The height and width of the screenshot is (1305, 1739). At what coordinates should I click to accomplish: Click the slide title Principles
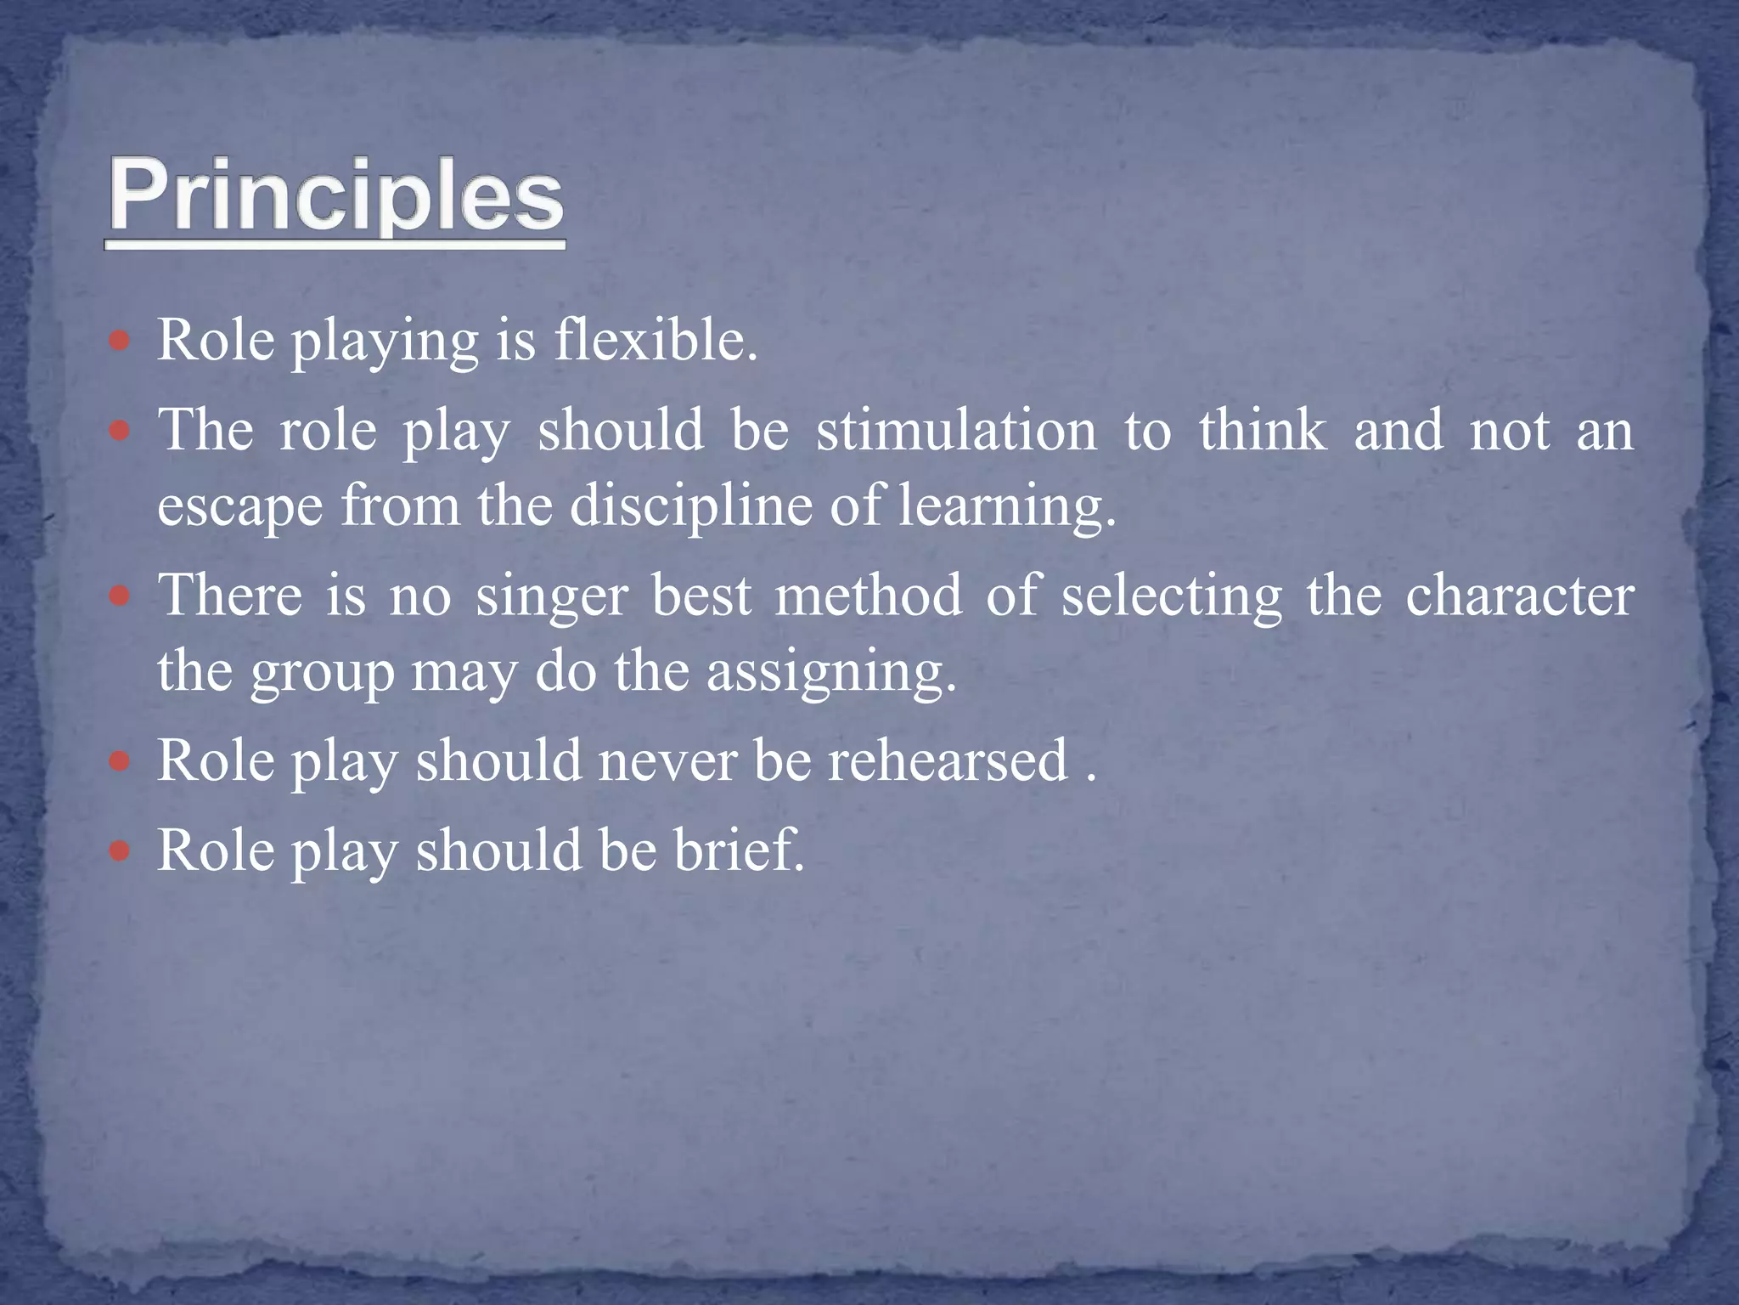(x=335, y=197)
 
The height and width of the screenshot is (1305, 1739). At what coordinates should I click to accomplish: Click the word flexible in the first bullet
(x=655, y=341)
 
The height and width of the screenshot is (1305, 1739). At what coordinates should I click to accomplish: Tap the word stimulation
(x=956, y=430)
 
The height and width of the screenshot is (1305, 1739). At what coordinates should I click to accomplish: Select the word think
(x=1263, y=430)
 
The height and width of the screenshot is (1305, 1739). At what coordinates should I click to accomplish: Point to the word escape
(x=240, y=507)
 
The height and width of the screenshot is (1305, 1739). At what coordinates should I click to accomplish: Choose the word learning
(x=1006, y=507)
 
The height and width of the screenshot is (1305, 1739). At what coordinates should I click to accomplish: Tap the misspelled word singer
(x=551, y=596)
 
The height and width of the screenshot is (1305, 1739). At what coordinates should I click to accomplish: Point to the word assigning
(x=830, y=673)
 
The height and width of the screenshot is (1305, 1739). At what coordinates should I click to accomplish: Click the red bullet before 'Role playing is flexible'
(x=120, y=342)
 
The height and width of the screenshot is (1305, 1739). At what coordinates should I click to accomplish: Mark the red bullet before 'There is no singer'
(x=120, y=596)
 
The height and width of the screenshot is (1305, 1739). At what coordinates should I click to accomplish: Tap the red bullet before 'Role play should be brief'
(x=120, y=850)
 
